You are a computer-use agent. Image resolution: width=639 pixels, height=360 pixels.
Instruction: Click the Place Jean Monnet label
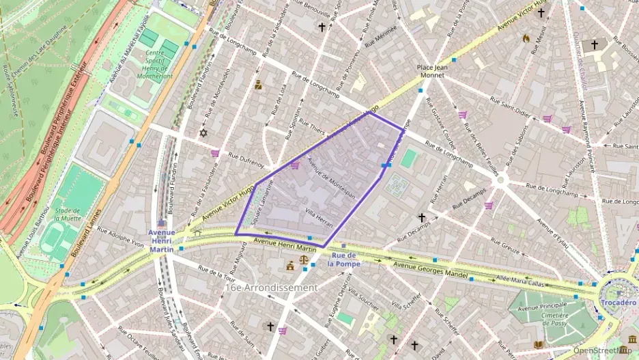(431, 71)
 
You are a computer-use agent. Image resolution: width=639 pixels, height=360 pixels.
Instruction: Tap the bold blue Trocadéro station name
(619, 302)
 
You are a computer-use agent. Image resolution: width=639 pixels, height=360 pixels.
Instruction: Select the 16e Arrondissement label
(270, 288)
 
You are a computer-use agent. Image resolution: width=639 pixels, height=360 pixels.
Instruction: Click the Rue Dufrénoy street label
(246, 160)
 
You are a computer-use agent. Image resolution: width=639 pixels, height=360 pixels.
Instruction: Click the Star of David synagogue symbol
(203, 133)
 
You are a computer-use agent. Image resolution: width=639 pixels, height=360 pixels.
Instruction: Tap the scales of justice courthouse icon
(290, 265)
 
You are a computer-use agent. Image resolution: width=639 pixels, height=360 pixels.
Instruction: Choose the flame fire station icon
(526, 39)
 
